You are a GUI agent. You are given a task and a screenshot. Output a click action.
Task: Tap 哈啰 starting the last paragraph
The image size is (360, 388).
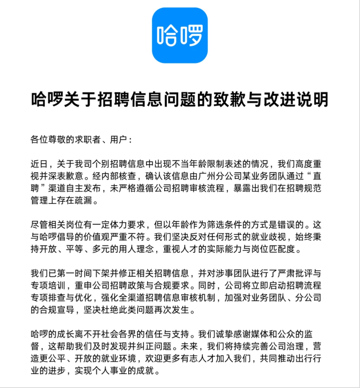(x=41, y=333)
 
